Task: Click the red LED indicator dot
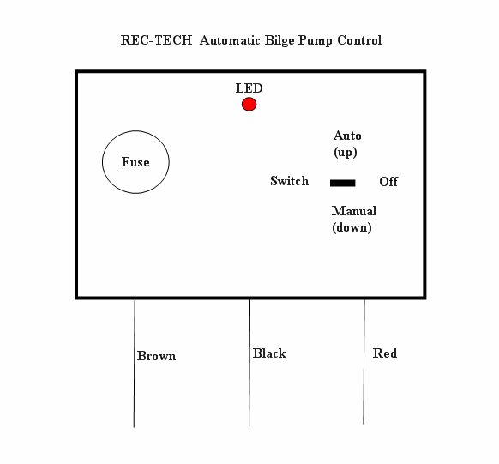point(249,104)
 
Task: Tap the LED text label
point(249,88)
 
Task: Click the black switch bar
point(342,183)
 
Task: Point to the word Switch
point(289,181)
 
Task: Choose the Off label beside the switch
point(388,182)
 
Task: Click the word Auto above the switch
point(347,136)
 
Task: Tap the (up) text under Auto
point(346,152)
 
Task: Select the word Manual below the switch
point(354,211)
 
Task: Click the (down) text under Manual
point(352,227)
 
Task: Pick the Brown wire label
point(156,356)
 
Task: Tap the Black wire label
point(269,353)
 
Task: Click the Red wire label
point(385,353)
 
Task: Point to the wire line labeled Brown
point(135,363)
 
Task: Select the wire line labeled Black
point(249,363)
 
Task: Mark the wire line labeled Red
point(364,362)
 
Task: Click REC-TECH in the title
point(156,40)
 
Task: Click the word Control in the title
point(359,40)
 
